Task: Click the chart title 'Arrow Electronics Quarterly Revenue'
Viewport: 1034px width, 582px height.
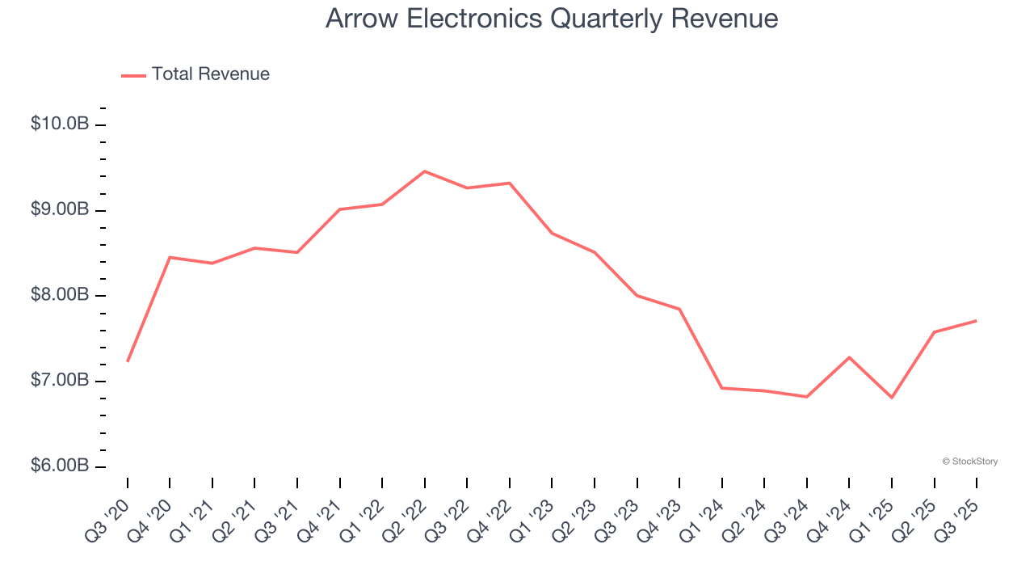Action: click(552, 19)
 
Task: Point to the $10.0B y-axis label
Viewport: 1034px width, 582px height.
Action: click(59, 124)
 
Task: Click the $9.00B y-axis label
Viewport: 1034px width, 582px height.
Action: click(59, 210)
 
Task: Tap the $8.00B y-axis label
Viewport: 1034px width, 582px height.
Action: click(59, 295)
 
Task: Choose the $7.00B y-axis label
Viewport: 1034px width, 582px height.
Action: click(59, 381)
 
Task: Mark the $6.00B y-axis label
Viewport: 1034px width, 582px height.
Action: click(59, 466)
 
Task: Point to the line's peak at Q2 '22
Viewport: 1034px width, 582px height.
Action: click(425, 171)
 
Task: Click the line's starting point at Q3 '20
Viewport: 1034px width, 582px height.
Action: click(128, 361)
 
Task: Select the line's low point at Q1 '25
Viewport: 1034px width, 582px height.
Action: click(892, 398)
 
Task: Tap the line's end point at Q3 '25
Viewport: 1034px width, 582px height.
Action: click(977, 321)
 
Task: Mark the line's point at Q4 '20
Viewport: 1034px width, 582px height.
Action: click(170, 257)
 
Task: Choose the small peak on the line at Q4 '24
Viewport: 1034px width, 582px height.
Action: click(849, 357)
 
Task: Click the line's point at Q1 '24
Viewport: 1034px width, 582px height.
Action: click(722, 388)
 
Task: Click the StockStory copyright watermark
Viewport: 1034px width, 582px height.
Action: click(969, 462)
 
